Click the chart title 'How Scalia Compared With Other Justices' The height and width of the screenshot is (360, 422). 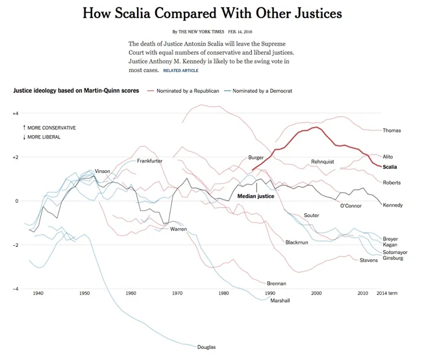(212, 13)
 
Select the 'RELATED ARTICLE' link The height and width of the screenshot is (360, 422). (181, 70)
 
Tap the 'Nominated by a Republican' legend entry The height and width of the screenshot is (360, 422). (188, 91)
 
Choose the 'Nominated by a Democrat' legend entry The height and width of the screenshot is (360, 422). (262, 91)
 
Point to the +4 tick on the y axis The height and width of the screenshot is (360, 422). (16, 114)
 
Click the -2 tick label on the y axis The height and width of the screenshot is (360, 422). (16, 245)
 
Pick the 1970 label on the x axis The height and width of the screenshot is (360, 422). (177, 294)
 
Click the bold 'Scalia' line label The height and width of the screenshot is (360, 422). (390, 167)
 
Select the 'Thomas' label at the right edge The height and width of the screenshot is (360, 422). (391, 131)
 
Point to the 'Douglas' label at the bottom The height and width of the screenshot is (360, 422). (206, 347)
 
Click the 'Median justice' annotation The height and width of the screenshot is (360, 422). (255, 196)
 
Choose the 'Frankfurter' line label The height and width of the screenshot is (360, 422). (149, 161)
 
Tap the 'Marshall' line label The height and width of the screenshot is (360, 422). (280, 301)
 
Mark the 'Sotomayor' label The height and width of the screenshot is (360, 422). (395, 252)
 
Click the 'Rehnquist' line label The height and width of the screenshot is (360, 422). (322, 162)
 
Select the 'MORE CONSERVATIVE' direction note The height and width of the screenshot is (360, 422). (49, 128)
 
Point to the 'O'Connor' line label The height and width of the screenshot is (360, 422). (351, 206)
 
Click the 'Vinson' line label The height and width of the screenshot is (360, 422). (103, 171)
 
